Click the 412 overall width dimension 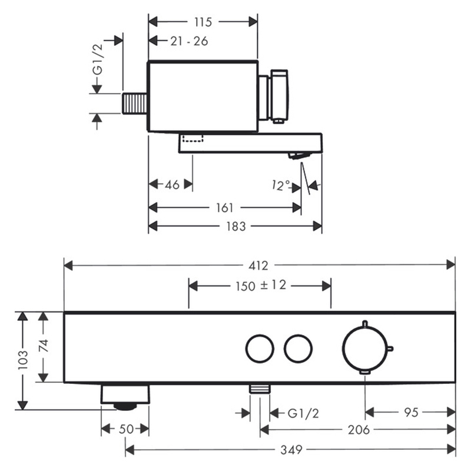[258, 266]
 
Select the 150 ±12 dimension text [261, 286]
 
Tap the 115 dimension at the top [203, 22]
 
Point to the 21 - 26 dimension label [189, 41]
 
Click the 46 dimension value [172, 185]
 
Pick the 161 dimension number [225, 208]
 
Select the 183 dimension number [236, 226]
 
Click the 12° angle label [281, 185]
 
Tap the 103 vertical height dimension [23, 360]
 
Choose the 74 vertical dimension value [44, 346]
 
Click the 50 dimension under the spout [126, 429]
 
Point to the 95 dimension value [411, 413]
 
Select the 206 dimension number [359, 430]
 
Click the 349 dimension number [291, 450]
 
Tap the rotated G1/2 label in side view [97, 59]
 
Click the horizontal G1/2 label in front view [303, 414]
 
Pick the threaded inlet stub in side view [134, 104]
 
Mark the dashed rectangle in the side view [193, 138]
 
